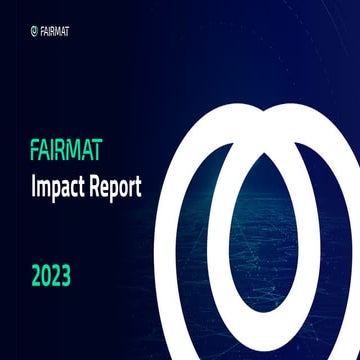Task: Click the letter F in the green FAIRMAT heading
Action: [x=35, y=154]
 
